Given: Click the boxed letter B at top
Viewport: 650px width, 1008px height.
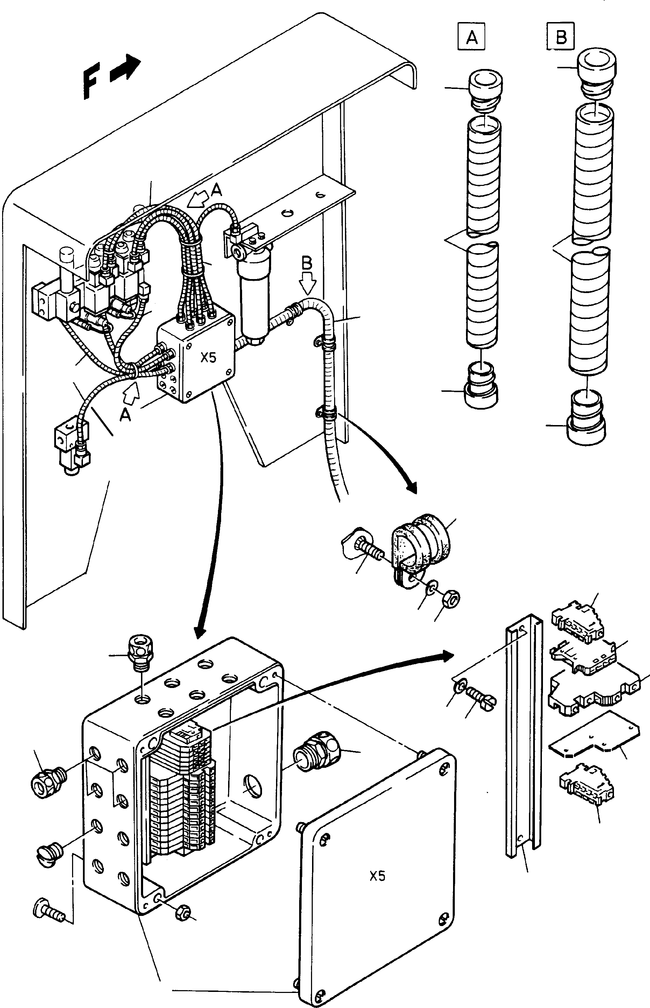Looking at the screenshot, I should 561,37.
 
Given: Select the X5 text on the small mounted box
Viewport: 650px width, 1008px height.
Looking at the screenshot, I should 208,358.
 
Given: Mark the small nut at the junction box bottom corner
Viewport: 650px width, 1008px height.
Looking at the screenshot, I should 183,913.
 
